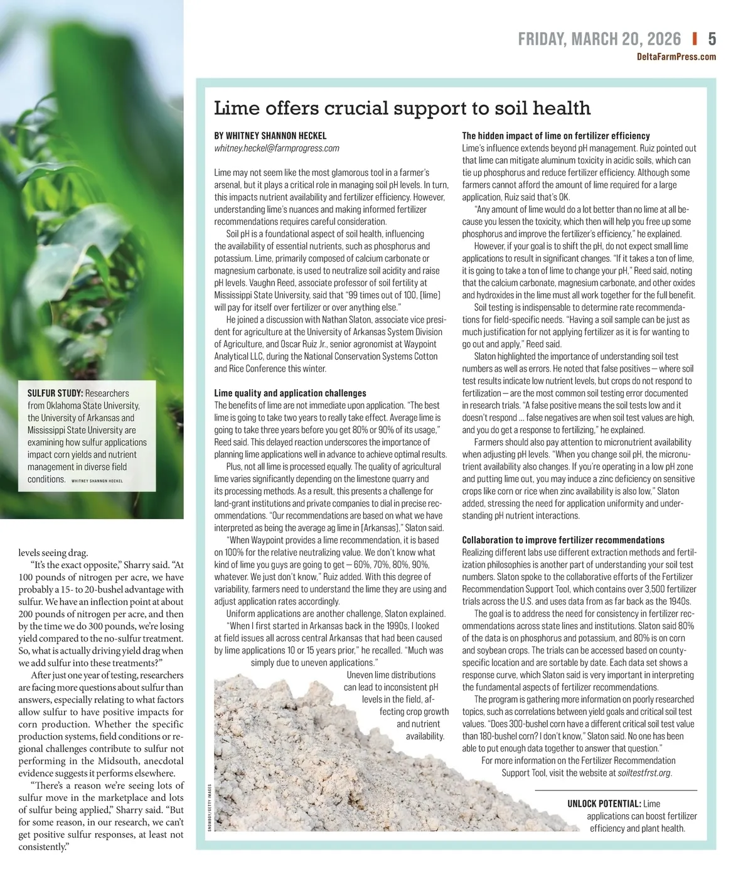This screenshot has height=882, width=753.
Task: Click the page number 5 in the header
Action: [x=712, y=39]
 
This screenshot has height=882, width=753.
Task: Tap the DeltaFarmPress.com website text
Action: [x=676, y=57]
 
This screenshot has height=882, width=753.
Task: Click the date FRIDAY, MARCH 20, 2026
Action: [x=599, y=39]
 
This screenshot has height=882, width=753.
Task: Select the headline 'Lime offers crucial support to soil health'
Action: [x=402, y=108]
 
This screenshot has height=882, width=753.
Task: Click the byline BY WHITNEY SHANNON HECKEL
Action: [x=270, y=136]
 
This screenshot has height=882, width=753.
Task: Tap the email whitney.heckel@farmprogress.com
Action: [x=277, y=148]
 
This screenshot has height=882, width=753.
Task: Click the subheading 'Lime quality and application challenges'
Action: [x=290, y=393]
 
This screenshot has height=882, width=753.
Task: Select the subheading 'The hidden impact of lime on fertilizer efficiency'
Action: [x=556, y=136]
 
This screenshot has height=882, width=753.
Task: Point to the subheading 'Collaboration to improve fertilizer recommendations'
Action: [x=563, y=540]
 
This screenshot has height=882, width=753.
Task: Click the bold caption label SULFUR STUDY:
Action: [x=55, y=393]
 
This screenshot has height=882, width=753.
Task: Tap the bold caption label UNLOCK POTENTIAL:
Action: [x=604, y=804]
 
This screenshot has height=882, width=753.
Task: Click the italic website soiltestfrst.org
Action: [x=644, y=773]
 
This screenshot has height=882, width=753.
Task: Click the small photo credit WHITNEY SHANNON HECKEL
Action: [x=97, y=481]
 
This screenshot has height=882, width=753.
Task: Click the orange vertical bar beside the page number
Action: [x=695, y=39]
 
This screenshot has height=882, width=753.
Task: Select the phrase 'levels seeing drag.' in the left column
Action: [x=53, y=553]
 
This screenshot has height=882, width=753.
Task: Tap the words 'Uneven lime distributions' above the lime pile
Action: [x=391, y=675]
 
